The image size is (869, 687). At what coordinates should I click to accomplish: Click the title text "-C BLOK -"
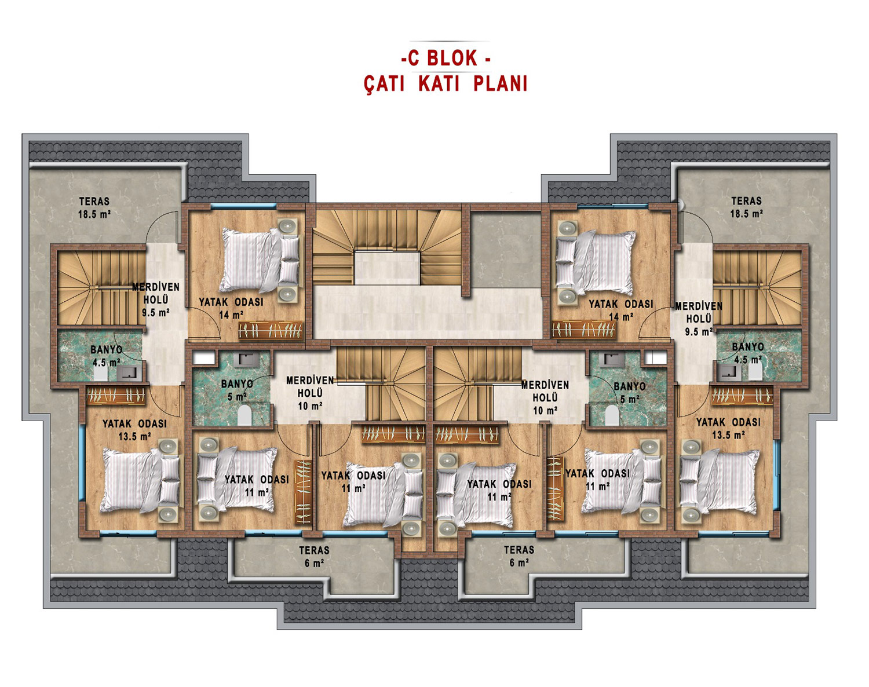tap(446, 58)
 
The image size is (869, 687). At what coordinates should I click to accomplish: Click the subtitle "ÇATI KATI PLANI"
tap(446, 84)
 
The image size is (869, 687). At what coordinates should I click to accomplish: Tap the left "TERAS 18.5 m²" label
tap(94, 207)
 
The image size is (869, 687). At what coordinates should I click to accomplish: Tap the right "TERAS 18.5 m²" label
tap(746, 207)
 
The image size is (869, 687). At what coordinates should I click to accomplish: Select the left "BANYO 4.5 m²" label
tap(106, 356)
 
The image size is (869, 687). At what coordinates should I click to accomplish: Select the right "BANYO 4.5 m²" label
tap(748, 353)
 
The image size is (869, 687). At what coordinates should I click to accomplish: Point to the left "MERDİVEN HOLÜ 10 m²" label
tap(310, 393)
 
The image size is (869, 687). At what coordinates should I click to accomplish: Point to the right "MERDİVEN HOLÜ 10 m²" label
tap(545, 397)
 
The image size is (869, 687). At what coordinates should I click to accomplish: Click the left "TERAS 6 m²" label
tap(314, 557)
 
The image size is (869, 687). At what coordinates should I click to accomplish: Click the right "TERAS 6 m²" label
tap(519, 556)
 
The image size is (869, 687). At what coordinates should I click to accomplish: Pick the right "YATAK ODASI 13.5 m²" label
tap(728, 429)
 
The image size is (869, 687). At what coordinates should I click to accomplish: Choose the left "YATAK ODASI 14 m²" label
tap(231, 308)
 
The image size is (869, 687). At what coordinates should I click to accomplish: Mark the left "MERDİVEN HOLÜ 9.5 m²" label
tap(156, 299)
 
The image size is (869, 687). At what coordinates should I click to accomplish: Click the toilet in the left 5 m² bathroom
tap(244, 415)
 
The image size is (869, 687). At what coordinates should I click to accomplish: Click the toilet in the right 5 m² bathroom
tap(612, 415)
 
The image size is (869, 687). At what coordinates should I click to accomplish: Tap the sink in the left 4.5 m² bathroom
tap(129, 373)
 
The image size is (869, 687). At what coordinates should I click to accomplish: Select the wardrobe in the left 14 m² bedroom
tap(270, 330)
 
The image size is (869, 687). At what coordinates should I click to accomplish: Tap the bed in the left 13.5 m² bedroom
tap(140, 480)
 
